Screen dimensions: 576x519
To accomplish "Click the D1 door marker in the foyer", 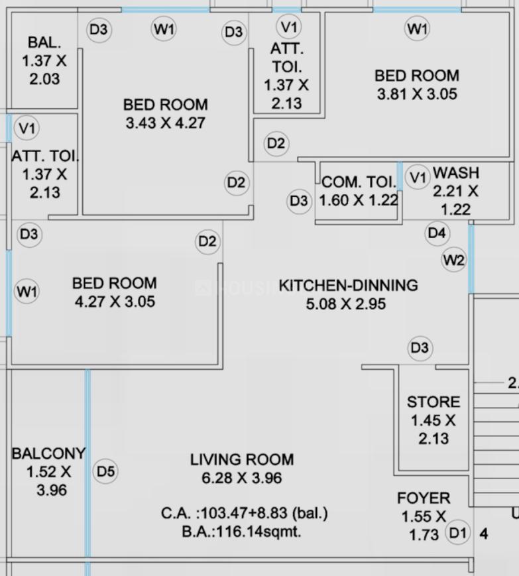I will tap(457, 533).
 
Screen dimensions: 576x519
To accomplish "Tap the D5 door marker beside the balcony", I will tap(106, 472).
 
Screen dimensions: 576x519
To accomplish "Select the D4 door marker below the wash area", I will tap(437, 233).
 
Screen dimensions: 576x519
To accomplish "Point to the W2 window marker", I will tap(454, 260).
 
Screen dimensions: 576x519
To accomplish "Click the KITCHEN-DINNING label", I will tap(348, 286).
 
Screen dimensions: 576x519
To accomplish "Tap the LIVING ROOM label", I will tap(242, 459).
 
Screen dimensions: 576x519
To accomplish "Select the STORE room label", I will tap(433, 402).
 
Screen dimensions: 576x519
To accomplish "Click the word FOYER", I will tap(424, 498).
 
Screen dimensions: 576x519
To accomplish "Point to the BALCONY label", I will tap(48, 453).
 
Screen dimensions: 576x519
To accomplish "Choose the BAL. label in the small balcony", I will tap(44, 43).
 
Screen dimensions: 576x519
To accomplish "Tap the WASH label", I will tap(455, 173).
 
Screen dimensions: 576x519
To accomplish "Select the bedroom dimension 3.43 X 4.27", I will tap(165, 123).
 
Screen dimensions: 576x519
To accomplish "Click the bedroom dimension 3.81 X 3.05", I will tap(417, 94).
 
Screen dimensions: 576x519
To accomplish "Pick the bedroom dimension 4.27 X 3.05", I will tap(115, 302).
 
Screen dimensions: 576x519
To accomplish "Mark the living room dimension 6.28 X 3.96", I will tap(242, 478).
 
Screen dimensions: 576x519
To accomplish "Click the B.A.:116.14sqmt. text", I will tap(241, 531).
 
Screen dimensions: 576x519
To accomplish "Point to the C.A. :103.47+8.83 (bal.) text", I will tap(244, 513).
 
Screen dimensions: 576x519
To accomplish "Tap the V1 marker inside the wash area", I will tap(418, 178).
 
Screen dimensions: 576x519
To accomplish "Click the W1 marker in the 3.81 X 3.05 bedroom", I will tap(417, 29).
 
